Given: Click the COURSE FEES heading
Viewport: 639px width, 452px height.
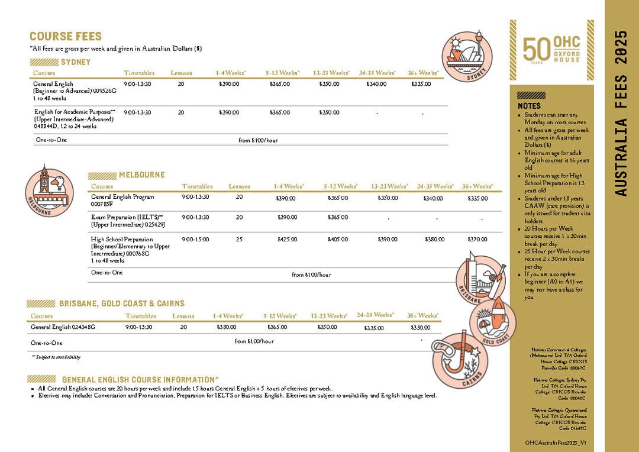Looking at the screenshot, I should click(x=66, y=37).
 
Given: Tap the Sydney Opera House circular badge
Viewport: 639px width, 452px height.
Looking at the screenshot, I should click(x=467, y=56).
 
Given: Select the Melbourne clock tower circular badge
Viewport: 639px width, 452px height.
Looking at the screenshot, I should click(x=49, y=191).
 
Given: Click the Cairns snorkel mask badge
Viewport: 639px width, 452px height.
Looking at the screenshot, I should click(x=460, y=360).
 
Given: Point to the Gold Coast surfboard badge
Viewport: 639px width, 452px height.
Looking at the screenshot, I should click(x=493, y=320).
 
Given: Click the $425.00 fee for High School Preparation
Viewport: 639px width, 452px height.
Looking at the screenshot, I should click(x=287, y=240).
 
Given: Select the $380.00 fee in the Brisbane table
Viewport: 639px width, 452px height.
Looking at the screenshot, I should click(x=226, y=327).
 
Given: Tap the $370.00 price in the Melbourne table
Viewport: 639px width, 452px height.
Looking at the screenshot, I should click(x=477, y=240).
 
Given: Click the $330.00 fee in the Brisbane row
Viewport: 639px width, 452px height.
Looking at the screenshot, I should click(x=420, y=327).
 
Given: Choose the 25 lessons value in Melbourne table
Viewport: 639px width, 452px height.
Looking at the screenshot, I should click(x=239, y=238).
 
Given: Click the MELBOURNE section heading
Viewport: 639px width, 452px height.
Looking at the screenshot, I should click(x=142, y=175).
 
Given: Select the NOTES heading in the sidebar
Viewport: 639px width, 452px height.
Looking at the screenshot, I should click(x=529, y=106).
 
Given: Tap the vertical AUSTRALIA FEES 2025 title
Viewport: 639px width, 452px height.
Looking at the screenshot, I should click(x=621, y=114).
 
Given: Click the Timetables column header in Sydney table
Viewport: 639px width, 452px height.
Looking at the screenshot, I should click(x=139, y=73).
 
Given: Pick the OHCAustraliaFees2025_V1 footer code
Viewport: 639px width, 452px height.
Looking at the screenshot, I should click(x=555, y=443).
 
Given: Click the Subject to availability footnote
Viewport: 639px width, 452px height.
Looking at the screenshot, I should click(x=56, y=357).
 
